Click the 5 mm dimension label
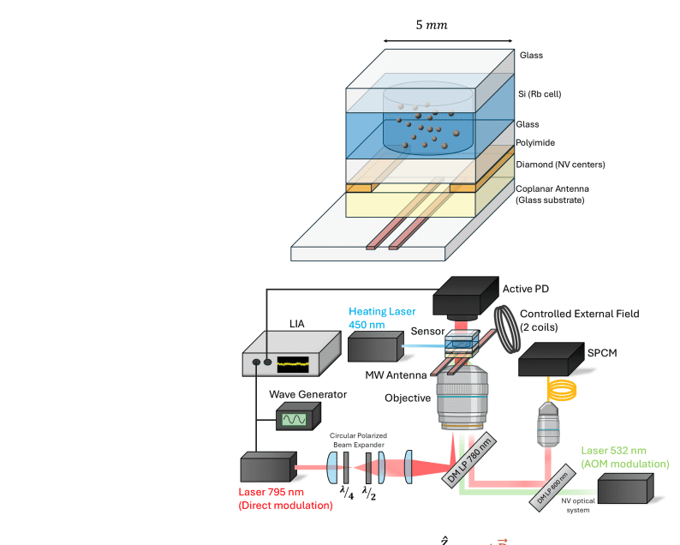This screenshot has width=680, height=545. (x=432, y=25)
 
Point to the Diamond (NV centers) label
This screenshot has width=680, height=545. (x=561, y=164)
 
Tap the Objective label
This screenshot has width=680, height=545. (x=408, y=398)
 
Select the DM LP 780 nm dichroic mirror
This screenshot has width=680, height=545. (x=468, y=462)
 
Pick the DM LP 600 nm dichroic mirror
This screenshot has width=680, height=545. (x=552, y=488)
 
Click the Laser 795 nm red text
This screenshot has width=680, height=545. (x=284, y=498)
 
